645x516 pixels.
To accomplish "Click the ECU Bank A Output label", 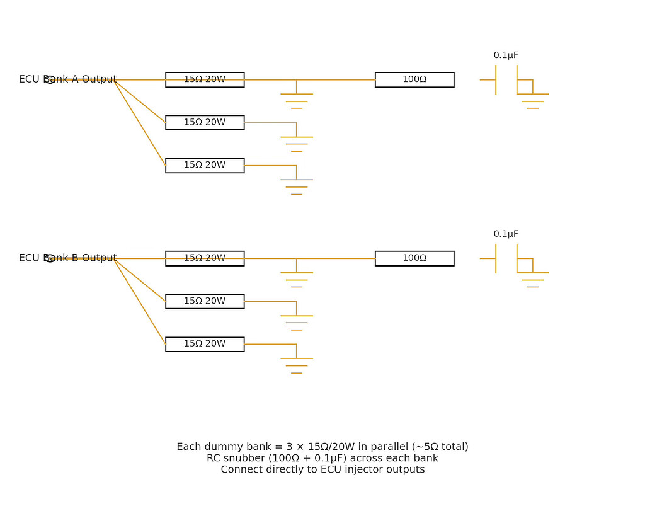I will [67, 79].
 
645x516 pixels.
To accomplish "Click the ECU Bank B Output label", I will [67, 258].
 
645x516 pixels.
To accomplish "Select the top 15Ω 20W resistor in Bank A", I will [205, 79].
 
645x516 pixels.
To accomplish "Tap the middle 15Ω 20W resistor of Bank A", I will [205, 123].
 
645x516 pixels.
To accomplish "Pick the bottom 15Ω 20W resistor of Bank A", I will [205, 166].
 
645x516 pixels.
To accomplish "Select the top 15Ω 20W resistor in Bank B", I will [205, 258].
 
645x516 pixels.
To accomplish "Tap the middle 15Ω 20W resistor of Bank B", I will [205, 301].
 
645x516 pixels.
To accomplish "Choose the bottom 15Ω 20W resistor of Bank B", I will [205, 344].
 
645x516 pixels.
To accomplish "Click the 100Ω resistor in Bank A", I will [414, 79].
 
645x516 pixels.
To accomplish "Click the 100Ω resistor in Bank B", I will [414, 258].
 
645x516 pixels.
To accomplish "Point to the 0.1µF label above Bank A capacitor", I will [506, 55].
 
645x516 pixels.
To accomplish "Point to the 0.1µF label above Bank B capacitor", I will [506, 234].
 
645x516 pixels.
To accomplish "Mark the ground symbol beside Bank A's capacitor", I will [533, 101].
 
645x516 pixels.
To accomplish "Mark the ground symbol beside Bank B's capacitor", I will [533, 280].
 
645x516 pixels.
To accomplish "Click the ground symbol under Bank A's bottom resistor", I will [297, 186].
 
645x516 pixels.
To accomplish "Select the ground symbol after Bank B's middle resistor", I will [297, 323].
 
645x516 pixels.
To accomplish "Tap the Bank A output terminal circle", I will [50, 79].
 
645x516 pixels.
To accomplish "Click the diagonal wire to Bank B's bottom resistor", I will [140, 301].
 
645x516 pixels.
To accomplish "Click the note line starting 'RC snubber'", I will [322, 458].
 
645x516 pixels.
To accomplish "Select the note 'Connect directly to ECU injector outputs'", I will [322, 469].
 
